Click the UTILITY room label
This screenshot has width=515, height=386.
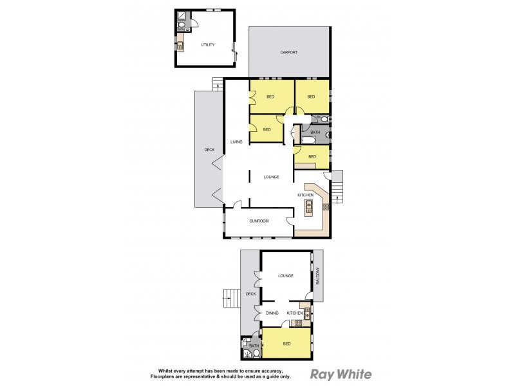point(207,45)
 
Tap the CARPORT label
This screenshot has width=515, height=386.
point(288,52)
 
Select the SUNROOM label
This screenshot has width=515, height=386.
point(259,221)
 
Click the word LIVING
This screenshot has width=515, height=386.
point(236,142)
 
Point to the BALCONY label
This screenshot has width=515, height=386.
point(317,277)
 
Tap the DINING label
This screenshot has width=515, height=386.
point(272,313)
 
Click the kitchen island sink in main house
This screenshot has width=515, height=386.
point(309,207)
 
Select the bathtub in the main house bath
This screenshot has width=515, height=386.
point(308,140)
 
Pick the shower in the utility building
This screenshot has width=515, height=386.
point(182,15)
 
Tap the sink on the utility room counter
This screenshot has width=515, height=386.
point(180,46)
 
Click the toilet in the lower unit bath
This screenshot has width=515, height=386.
point(256,353)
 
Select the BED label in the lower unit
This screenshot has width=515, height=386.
point(286,344)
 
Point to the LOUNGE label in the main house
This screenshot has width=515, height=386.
point(271,177)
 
